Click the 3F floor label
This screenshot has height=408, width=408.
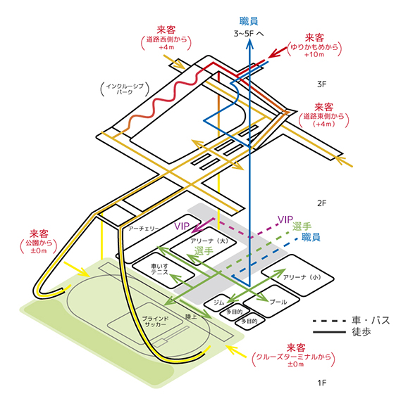pyautogui.click(x=322, y=84)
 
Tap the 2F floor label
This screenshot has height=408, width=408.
pyautogui.click(x=322, y=203)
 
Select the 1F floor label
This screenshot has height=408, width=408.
pyautogui.click(x=322, y=383)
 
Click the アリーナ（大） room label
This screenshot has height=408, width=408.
pyautogui.click(x=209, y=241)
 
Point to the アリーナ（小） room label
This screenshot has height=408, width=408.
pyautogui.click(x=302, y=277)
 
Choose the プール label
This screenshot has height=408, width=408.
pyautogui.click(x=278, y=302)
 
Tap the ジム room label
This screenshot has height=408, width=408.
pyautogui.click(x=218, y=302)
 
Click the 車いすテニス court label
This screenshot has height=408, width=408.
pyautogui.click(x=159, y=269)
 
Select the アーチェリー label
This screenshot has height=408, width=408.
pyautogui.click(x=143, y=229)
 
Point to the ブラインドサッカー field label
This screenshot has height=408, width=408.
pyautogui.click(x=156, y=321)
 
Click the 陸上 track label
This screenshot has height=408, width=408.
pyautogui.click(x=191, y=317)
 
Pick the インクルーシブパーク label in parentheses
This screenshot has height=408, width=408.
pyautogui.click(x=125, y=89)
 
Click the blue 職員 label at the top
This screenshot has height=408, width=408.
pyautogui.click(x=249, y=21)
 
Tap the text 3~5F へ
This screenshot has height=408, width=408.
pyautogui.click(x=249, y=34)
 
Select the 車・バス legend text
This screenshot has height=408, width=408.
pyautogui.click(x=371, y=320)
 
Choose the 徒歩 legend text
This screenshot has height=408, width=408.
pyautogui.click(x=361, y=332)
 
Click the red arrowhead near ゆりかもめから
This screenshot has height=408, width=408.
pyautogui.click(x=273, y=54)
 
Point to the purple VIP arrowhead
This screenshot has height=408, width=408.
pyautogui.click(x=197, y=228)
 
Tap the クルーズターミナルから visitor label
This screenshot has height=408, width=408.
pyautogui.click(x=294, y=357)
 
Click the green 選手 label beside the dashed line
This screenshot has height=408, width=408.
pyautogui.click(x=302, y=227)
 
